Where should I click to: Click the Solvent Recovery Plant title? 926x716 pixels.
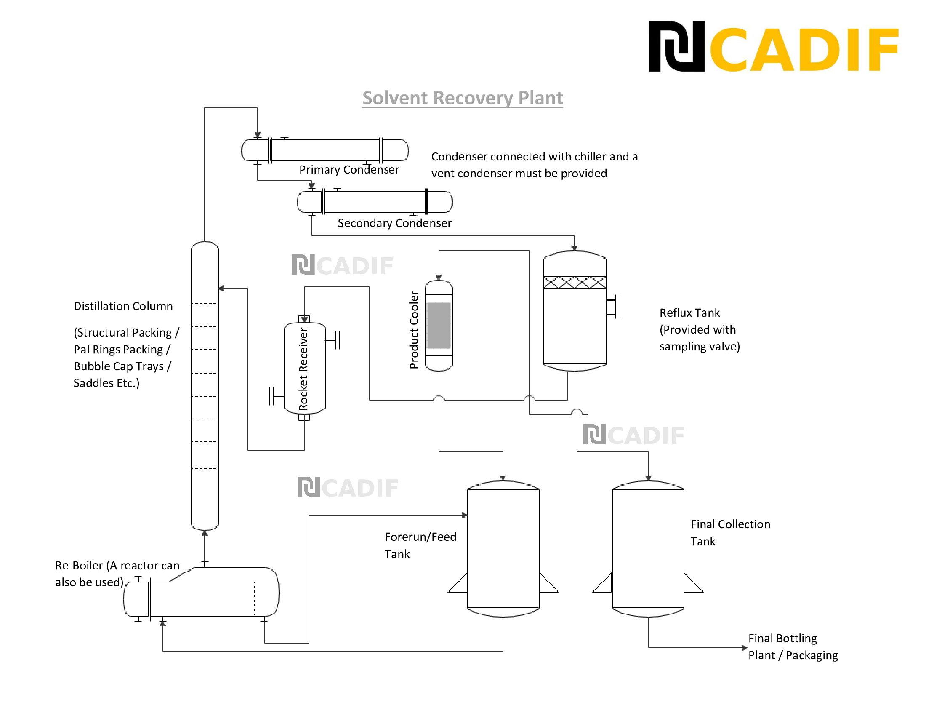[x=462, y=98]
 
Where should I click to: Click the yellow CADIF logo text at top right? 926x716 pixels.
[x=804, y=50]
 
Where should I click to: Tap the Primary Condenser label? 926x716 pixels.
[x=349, y=170]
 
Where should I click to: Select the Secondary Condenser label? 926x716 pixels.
[x=394, y=223]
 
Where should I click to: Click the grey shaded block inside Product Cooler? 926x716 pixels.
[x=439, y=325]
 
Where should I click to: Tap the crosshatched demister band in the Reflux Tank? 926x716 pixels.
[x=574, y=282]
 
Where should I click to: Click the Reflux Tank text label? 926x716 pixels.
[x=689, y=313]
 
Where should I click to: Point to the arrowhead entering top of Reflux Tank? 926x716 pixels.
[x=574, y=248]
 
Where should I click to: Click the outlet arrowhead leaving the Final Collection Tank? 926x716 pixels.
[x=744, y=648]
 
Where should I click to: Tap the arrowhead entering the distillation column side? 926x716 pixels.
[x=221, y=289]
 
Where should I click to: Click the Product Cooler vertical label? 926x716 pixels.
[x=414, y=330]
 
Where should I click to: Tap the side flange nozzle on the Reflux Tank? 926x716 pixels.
[x=614, y=306]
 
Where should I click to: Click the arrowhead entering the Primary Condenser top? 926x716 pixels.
[x=257, y=135]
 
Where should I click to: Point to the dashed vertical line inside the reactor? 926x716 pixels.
[x=254, y=598]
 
